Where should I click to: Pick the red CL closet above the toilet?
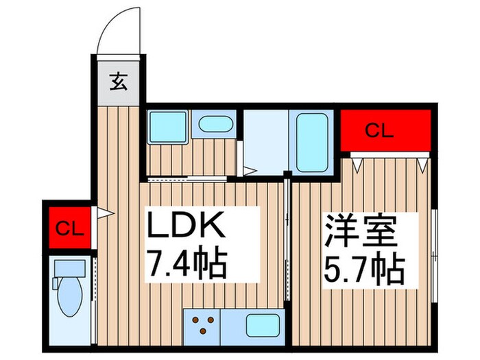click(x=69, y=227)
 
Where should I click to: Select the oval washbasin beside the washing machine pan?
click(x=215, y=125)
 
